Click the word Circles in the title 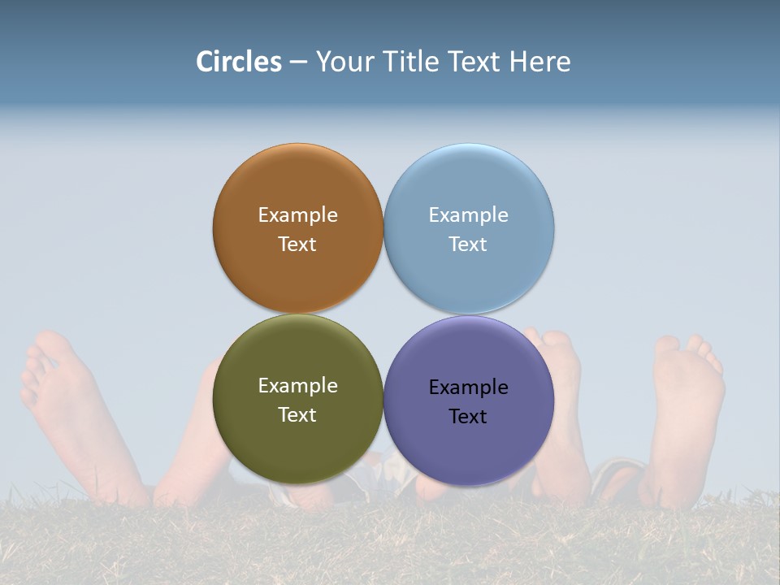point(238,62)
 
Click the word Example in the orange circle point(297,214)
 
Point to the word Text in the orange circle point(297,244)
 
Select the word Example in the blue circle point(468,214)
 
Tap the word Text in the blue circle point(468,244)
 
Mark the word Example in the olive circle point(297,385)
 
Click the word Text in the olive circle point(297,414)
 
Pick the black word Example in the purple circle point(468,387)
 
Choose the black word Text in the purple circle point(468,416)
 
